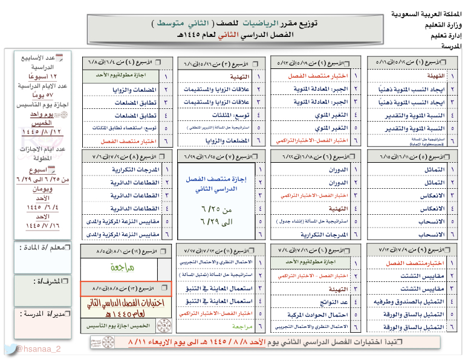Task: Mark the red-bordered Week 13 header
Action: click(x=126, y=289)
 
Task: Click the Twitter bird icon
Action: click(x=10, y=349)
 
